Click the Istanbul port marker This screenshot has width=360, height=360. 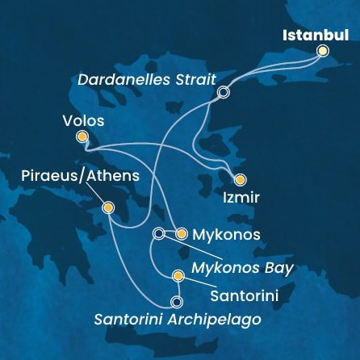tap(323, 50)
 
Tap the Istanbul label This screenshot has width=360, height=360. tap(315, 35)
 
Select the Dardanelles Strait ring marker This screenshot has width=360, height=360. tap(224, 93)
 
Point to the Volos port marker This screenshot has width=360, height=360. tap(82, 137)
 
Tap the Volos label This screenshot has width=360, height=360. tap(82, 122)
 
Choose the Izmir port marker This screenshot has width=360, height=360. tap(239, 179)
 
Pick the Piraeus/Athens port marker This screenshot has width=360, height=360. tap(108, 208)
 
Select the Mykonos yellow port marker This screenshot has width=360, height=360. tap(181, 234)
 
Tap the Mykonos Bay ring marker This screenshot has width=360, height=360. tap(158, 234)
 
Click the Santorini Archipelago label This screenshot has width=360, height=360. tap(178, 320)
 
